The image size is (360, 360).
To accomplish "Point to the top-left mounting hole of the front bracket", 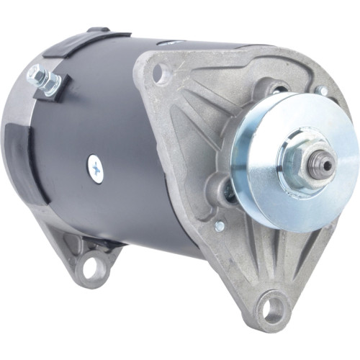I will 160,72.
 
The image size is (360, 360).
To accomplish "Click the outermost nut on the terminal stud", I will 32,73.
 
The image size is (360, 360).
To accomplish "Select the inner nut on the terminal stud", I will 50,84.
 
